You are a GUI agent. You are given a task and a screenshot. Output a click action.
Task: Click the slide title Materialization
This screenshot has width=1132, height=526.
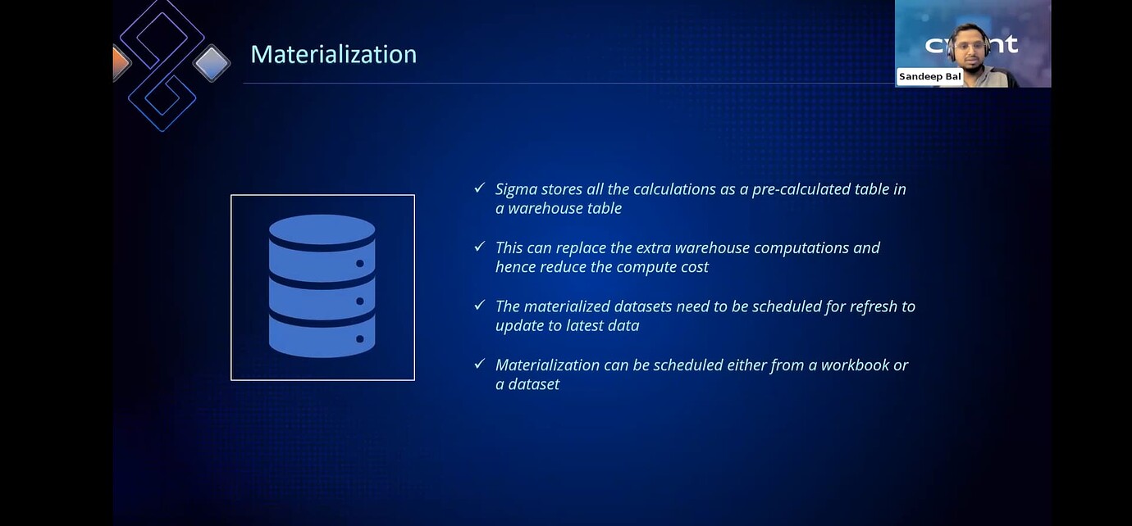(x=334, y=54)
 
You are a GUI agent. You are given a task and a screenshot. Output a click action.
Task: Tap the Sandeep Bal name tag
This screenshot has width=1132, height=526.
(x=929, y=77)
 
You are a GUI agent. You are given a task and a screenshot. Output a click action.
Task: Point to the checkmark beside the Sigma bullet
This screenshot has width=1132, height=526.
(x=480, y=188)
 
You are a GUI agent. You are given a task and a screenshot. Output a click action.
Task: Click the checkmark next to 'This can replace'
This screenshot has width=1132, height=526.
(x=480, y=247)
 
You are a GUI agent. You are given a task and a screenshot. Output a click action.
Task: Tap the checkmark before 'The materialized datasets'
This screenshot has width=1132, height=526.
(x=480, y=305)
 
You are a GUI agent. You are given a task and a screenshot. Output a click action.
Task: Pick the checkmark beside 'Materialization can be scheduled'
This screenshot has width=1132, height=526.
(x=480, y=364)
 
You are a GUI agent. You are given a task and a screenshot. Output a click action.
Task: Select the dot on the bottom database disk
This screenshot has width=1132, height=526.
(x=360, y=338)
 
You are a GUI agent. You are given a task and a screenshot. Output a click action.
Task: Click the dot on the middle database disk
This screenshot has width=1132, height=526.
(x=360, y=302)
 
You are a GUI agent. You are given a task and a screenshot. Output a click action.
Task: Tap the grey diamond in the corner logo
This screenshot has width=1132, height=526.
(x=212, y=64)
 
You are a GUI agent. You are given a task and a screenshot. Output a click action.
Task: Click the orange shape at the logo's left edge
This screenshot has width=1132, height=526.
(x=121, y=63)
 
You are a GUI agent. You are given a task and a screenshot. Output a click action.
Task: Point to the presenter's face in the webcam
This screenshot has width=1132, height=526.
(x=970, y=49)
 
